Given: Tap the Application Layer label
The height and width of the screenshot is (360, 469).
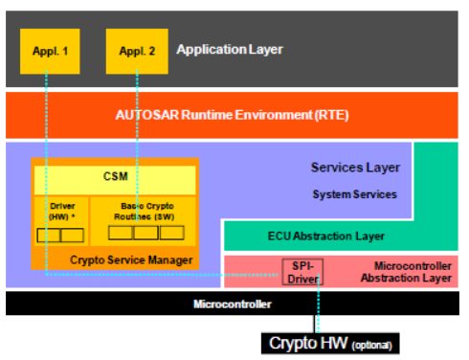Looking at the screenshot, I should (x=231, y=50).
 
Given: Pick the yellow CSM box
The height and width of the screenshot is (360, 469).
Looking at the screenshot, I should (x=115, y=177).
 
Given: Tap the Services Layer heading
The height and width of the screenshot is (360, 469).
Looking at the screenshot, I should (x=355, y=168).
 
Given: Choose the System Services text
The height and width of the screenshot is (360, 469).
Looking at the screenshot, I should (x=355, y=194).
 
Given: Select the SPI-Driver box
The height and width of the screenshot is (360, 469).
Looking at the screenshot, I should (x=301, y=272).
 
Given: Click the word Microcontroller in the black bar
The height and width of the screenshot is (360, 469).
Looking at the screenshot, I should (x=233, y=304).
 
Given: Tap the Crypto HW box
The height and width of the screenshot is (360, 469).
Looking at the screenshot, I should (x=330, y=343).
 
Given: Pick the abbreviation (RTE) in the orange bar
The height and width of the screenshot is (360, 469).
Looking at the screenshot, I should (x=329, y=114).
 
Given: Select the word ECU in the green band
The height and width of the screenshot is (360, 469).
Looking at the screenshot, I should (x=281, y=236).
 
